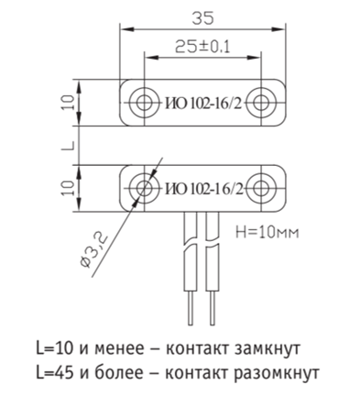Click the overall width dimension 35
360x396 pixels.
click(x=202, y=18)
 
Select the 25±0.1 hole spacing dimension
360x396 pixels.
click(x=202, y=47)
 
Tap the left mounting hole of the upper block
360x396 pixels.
click(x=144, y=103)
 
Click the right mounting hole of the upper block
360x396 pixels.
click(x=261, y=103)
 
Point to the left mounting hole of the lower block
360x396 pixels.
click(x=144, y=188)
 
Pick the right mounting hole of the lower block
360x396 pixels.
click(x=261, y=188)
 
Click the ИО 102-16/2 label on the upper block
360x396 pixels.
click(x=203, y=104)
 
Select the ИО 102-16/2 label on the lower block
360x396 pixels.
click(x=204, y=190)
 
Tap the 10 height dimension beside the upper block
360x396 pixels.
click(x=68, y=103)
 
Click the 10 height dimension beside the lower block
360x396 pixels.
click(x=68, y=188)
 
